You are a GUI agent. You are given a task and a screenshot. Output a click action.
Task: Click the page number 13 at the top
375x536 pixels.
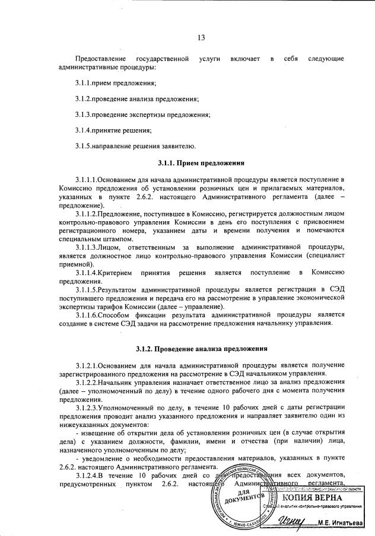coord(201,39)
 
